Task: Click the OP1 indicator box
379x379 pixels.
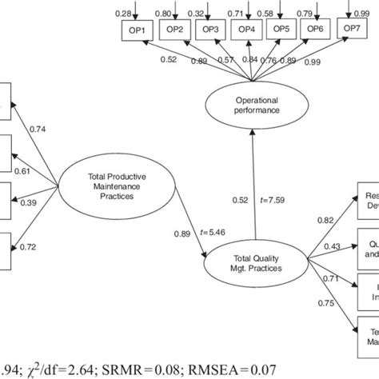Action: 136,30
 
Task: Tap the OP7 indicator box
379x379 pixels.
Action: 352,30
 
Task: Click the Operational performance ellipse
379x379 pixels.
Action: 251,106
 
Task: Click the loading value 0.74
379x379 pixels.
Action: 38,128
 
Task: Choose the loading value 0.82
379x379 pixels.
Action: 325,219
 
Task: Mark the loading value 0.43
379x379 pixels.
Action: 332,245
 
